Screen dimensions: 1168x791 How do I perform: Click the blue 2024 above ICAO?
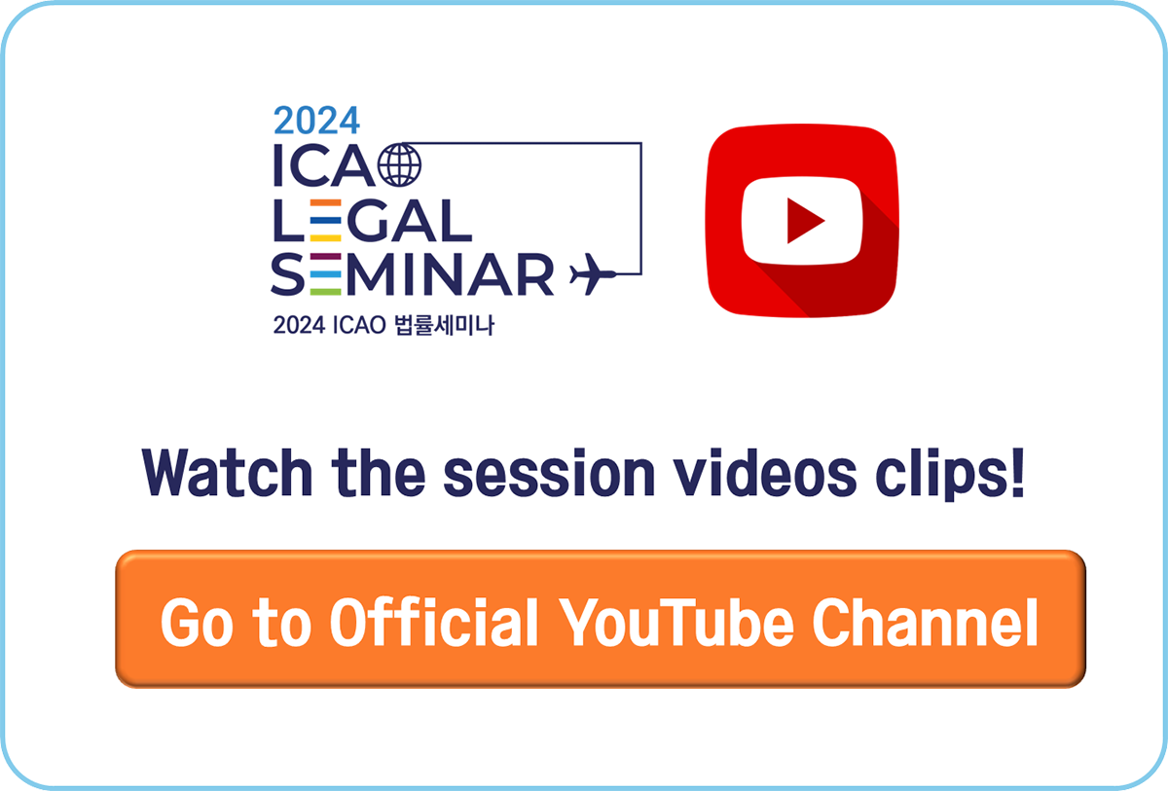[x=316, y=121]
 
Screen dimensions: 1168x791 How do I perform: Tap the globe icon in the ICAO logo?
[x=399, y=164]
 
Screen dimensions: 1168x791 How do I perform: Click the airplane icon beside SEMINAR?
[x=593, y=274]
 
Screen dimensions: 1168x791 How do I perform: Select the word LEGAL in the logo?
[x=373, y=221]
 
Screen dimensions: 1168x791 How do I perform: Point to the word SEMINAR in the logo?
[x=412, y=274]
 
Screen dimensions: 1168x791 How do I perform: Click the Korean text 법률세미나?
[x=444, y=325]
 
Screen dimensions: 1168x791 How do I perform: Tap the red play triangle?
[x=805, y=221]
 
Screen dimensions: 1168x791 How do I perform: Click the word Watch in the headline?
[x=228, y=472]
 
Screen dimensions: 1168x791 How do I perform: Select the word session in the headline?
[x=549, y=473]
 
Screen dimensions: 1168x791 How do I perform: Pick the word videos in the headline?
[x=765, y=473]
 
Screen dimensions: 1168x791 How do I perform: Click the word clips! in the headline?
[x=950, y=474]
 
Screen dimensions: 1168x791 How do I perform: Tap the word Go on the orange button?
[x=197, y=622]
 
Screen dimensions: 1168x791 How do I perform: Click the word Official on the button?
[x=434, y=622]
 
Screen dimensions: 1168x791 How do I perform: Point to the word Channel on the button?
[x=926, y=622]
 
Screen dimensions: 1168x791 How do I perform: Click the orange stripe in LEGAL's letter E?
[x=326, y=202]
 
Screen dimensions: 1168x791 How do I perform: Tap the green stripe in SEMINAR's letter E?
[x=326, y=292]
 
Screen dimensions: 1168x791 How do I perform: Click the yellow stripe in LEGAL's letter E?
[x=326, y=238]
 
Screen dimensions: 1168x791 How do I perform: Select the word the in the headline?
[x=378, y=472]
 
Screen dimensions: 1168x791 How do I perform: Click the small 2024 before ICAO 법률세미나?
[x=300, y=325]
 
